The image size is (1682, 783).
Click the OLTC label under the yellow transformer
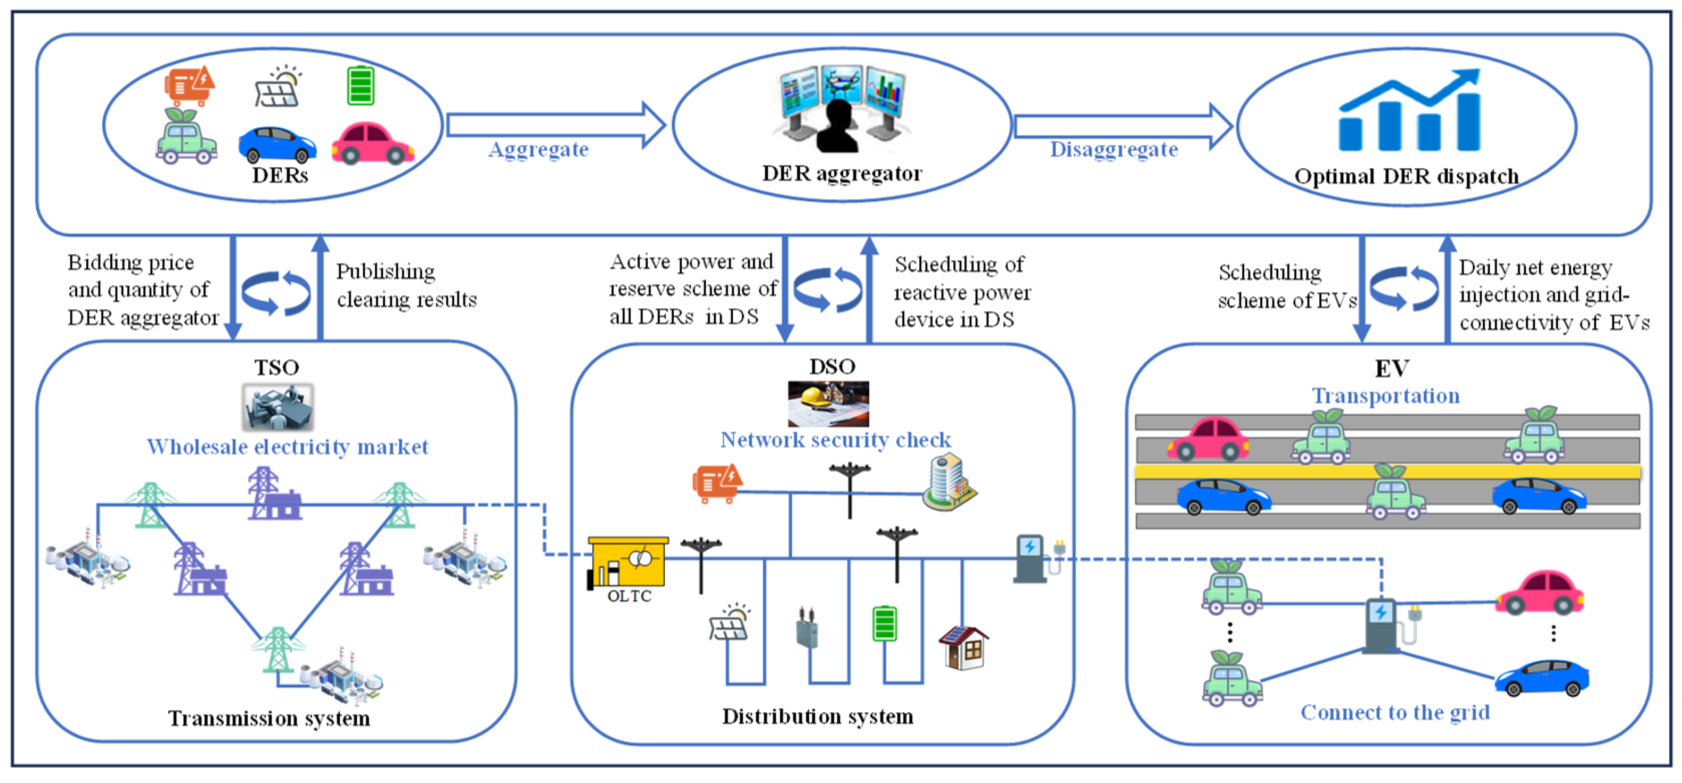coord(629,596)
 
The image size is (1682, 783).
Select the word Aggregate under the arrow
coord(538,150)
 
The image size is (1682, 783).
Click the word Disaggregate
coord(1114,150)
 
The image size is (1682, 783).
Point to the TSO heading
coord(276,367)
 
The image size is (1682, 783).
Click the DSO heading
coord(832,366)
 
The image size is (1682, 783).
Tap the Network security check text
coord(835,440)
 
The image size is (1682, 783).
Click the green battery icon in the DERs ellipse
coord(361,86)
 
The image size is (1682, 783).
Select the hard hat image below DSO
coord(828,403)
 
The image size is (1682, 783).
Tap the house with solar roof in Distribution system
coord(964,647)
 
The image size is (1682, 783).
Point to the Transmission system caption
coord(269,719)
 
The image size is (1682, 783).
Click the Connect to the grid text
coord(1395,712)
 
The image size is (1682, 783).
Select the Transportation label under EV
coord(1385,395)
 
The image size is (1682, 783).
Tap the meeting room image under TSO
coord(277,407)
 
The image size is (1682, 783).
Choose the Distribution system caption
coord(818,716)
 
